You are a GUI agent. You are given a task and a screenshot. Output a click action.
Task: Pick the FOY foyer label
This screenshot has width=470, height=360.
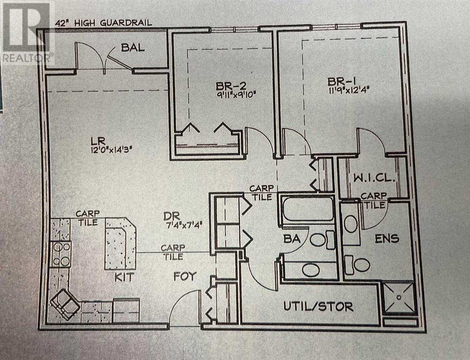184,277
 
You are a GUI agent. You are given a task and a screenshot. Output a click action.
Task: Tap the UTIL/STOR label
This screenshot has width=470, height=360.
318,307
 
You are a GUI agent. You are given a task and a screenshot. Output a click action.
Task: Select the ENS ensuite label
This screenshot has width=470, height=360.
387,239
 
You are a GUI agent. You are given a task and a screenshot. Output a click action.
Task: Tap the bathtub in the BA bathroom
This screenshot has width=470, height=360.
307,209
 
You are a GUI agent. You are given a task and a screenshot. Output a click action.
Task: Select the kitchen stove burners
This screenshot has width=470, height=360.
61,254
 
